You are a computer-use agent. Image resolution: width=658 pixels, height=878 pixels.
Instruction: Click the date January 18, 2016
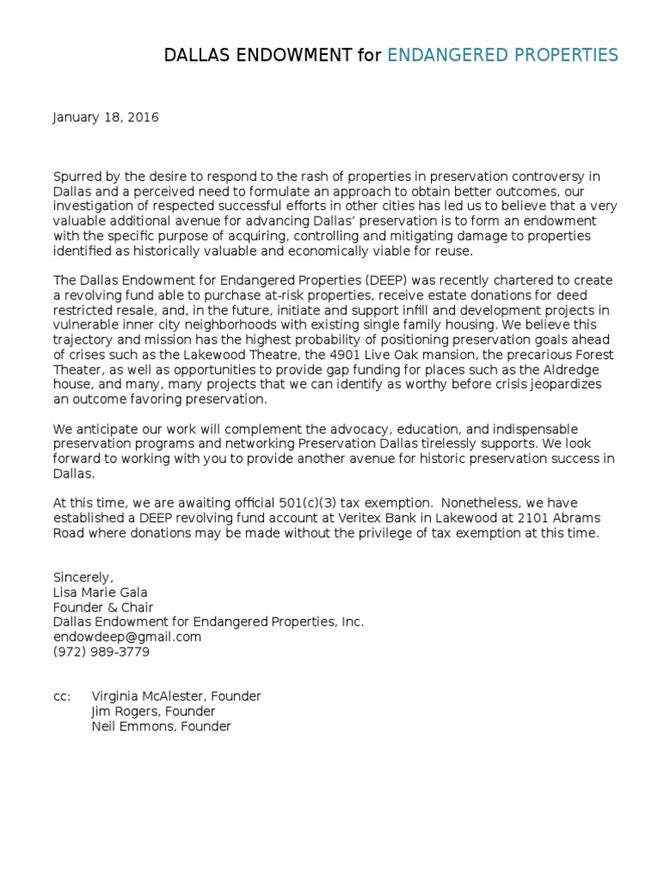tap(105, 117)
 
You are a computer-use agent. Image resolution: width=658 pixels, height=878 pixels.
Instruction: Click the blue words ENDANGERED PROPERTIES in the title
tap(502, 56)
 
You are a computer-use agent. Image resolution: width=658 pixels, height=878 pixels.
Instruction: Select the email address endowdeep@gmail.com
tap(127, 637)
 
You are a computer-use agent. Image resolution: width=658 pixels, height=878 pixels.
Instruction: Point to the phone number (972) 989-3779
tap(101, 652)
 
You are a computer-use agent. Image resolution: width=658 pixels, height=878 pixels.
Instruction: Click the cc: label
tap(62, 696)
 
